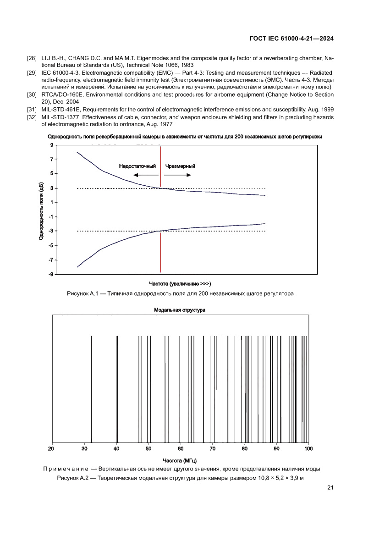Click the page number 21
[x=330, y=487]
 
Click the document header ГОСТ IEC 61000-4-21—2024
[x=291, y=39]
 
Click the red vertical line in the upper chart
[x=160, y=220]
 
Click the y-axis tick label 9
[x=52, y=145]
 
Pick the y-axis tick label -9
[x=51, y=274]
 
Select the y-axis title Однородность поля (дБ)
[x=41, y=210]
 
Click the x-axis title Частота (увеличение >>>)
[x=180, y=283]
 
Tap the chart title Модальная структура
[x=180, y=310]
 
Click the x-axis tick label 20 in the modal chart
[x=51, y=448]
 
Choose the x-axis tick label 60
[x=180, y=448]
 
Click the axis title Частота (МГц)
[x=180, y=460]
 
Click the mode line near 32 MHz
[x=92, y=390]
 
